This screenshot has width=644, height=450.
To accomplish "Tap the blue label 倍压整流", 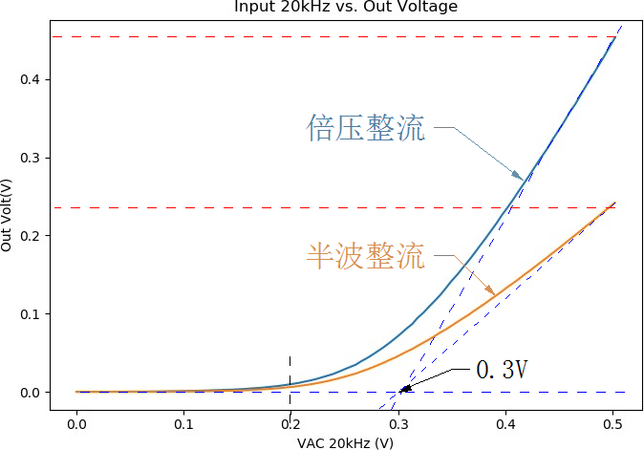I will [366, 128].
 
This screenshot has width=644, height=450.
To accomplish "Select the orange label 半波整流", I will [366, 255].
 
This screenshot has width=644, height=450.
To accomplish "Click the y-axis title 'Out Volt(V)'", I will [8, 214].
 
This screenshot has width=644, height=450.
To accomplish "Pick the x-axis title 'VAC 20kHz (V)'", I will [346, 442].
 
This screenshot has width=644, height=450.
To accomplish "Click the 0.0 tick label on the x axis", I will [76, 423].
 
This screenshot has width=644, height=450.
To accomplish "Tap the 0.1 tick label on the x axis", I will [183, 423].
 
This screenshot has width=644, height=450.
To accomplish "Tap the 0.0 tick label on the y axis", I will [32, 393].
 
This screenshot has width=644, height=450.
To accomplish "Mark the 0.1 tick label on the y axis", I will [32, 314].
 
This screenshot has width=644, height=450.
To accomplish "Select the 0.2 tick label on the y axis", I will [32, 236].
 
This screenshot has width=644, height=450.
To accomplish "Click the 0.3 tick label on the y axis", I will [32, 158].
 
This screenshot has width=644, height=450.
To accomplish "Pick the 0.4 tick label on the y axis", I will [32, 79].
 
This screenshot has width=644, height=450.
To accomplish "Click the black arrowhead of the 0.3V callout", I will [404, 389].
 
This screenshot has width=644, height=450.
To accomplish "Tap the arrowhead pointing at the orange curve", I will [490, 291].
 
